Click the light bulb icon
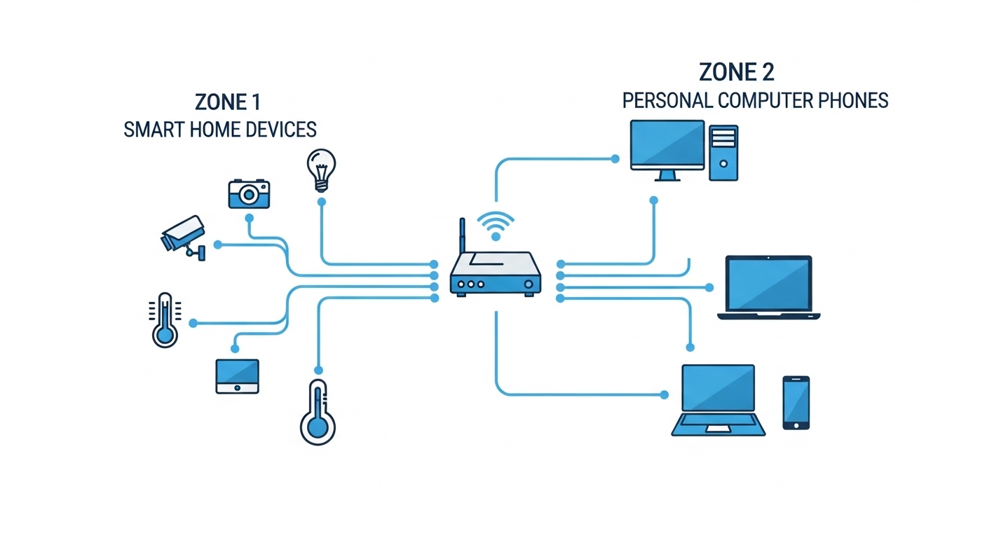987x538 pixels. coord(321,170)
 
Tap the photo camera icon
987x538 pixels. coord(249,194)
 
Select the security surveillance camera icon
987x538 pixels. coord(183,237)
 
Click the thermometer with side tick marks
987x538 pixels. coord(165,320)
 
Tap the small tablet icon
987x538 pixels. coord(237,376)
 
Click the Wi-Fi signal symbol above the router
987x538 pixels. coord(496,226)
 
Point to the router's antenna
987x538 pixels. coord(462,235)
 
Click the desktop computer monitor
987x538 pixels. coord(667,150)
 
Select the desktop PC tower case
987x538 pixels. coord(723,153)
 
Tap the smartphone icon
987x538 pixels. coord(796,402)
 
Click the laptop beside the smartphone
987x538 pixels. coord(719,400)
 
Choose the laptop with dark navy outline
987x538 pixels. coord(769,287)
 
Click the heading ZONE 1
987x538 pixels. coord(228,102)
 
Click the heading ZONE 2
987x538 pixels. coord(736,72)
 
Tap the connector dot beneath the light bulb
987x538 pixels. coord(322,202)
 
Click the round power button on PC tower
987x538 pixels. coord(723,164)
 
